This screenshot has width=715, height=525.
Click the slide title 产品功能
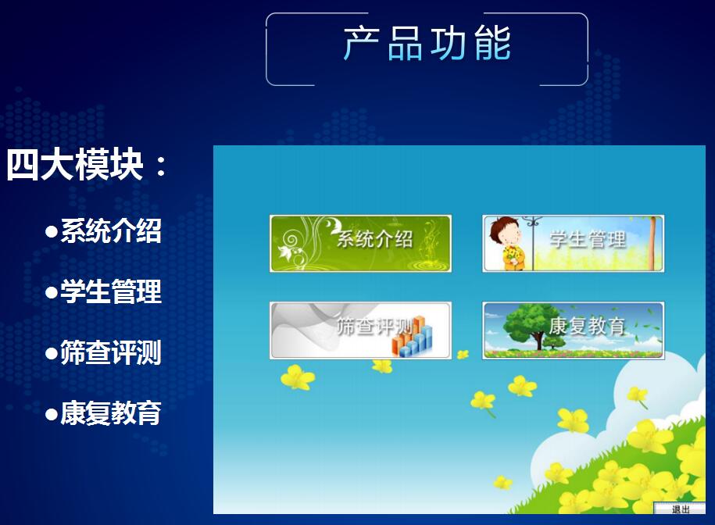coord(427,44)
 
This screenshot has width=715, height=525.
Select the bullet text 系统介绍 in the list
coord(111,231)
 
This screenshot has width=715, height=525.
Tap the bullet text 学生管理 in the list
coord(111,292)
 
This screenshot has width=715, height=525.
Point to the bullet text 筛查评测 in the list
coord(111,353)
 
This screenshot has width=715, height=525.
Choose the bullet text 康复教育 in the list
coord(111,414)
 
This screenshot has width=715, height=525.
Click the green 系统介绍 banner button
coord(360,243)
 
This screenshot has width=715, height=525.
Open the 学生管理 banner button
coord(573,243)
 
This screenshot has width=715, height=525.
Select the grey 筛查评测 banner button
coord(360,330)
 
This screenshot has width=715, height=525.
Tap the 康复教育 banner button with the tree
coord(573,330)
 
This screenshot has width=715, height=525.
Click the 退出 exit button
coord(681,509)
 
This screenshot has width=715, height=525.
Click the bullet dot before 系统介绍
coord(52,232)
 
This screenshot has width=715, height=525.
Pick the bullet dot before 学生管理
coord(52,293)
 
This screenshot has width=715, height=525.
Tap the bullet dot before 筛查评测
coord(52,354)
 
